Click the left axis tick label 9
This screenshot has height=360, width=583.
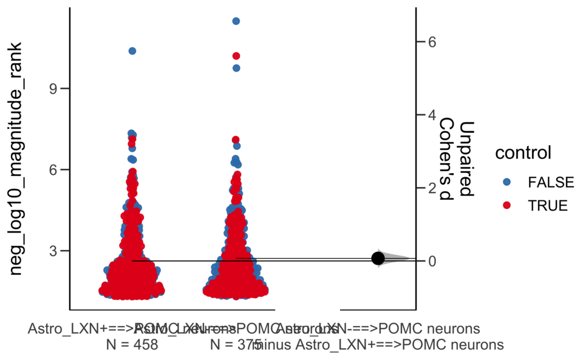tap(54, 89)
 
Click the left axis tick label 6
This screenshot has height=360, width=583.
tap(54, 170)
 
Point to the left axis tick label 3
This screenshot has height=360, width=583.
tap(54, 251)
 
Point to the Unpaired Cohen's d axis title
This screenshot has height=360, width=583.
tap(455, 158)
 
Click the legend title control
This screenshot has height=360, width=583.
tap(523, 153)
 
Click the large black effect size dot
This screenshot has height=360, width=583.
tap(378, 259)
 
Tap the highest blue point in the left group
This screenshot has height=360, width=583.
tap(132, 51)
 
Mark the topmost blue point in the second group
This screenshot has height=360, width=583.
tap(236, 21)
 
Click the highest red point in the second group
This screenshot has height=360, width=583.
tap(236, 56)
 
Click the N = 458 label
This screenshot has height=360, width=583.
tap(132, 345)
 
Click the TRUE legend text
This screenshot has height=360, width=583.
tap(547, 206)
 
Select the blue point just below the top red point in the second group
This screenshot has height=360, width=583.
tap(236, 68)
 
